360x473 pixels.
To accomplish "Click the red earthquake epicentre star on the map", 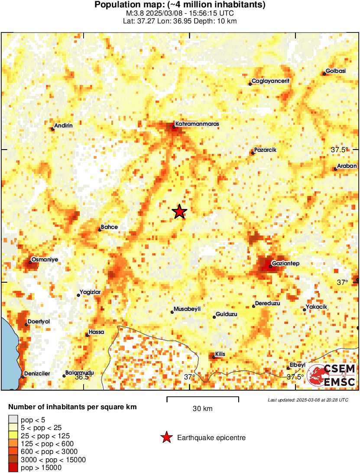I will point(179,212).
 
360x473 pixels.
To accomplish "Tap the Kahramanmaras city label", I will point(197,124).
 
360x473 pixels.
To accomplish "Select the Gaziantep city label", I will point(285,264).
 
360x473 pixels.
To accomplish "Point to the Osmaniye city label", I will point(45,260).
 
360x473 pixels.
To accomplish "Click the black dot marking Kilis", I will point(214,357).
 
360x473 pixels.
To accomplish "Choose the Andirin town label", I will point(63,126).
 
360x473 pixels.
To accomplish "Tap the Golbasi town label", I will point(336,72).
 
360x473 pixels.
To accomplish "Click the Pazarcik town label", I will point(265,150).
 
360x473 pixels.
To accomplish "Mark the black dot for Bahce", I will point(100,230).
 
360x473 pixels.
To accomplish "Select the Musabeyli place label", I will point(187,309).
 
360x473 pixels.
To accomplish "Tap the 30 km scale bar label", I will point(202,409).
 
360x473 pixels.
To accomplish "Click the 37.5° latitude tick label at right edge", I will point(340,150).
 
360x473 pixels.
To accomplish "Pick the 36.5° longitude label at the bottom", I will point(82,377).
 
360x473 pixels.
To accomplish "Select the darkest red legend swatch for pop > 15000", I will point(13,468).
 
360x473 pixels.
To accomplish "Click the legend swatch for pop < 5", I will point(13,419).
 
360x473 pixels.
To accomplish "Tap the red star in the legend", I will point(166,438).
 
